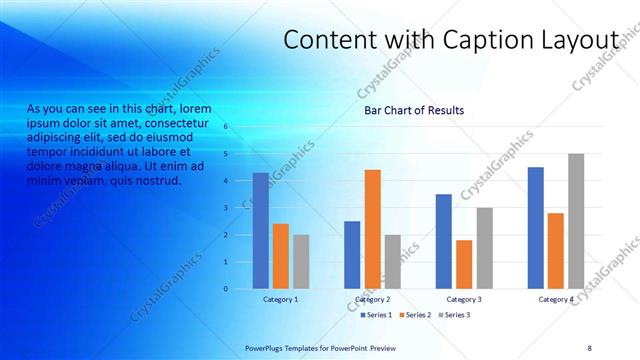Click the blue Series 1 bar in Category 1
pos(260,231)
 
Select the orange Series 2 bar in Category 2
pos(372,229)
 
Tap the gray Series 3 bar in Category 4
pos(576,221)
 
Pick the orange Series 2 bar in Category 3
pos(464,264)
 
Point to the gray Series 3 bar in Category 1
pos(301,262)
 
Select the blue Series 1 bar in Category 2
pos(352,255)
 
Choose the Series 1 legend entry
pos(375,315)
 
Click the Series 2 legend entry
pos(414,315)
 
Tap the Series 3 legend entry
pos(453,315)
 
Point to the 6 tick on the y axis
pos(227,127)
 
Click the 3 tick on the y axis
pos(227,208)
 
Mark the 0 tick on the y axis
pos(227,289)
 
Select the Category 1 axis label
pos(280,299)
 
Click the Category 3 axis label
pos(464,299)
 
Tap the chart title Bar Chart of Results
pos(414,110)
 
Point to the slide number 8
pos(589,346)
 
